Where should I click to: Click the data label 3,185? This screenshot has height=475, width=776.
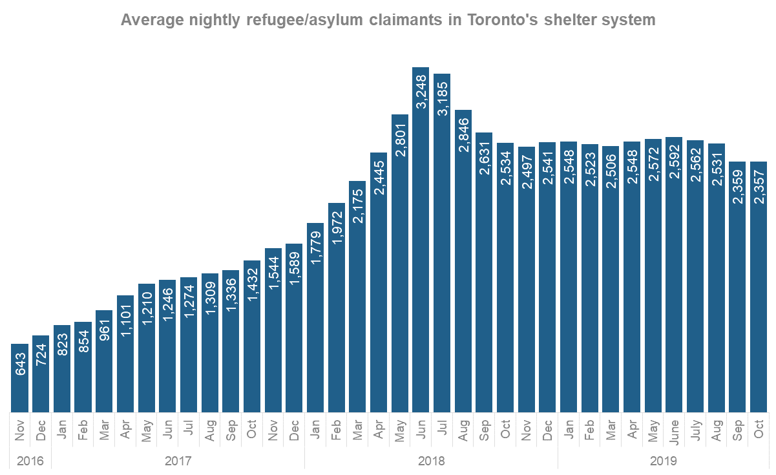(442, 98)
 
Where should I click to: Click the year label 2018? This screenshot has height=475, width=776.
(431, 461)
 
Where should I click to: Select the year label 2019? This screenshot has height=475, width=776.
(664, 461)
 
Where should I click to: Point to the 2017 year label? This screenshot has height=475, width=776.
(178, 461)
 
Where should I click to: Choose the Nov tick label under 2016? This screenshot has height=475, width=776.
(20, 430)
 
